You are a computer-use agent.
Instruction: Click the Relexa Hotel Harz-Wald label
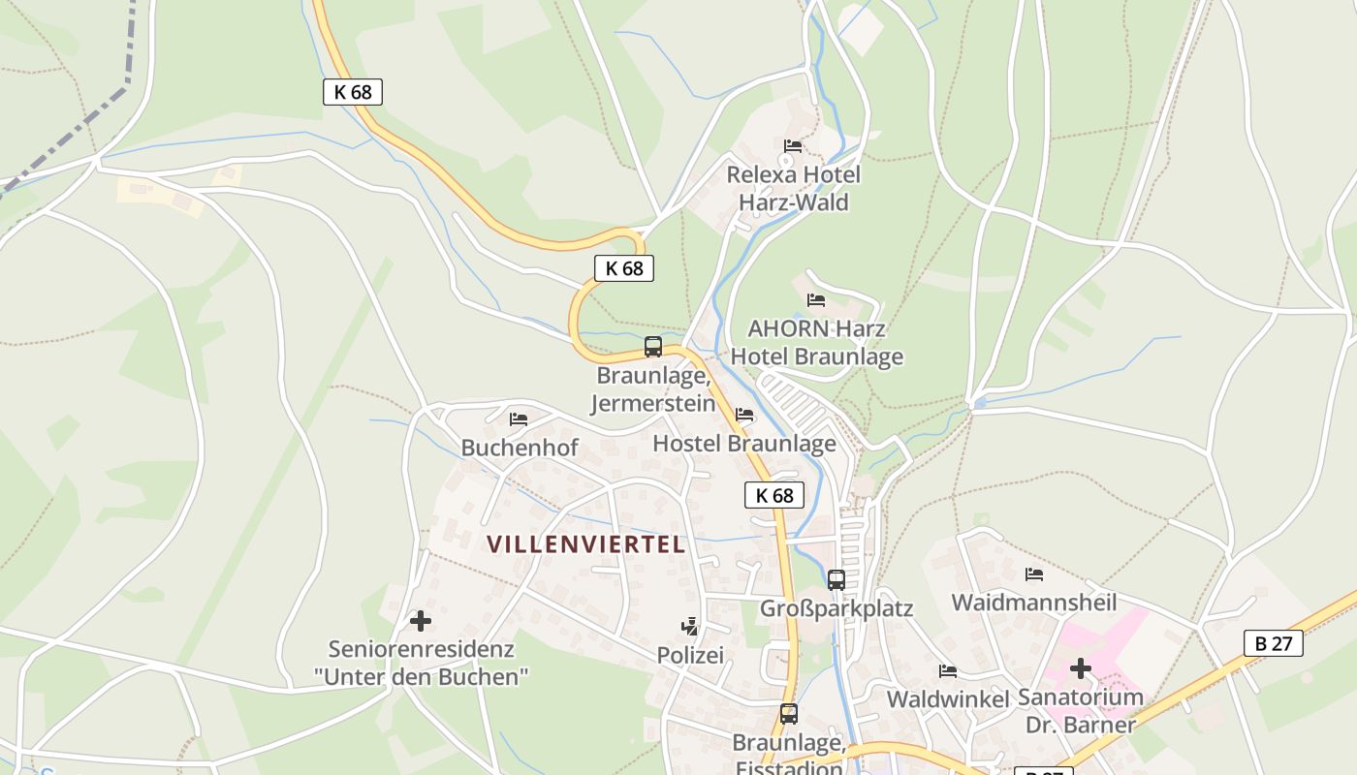coord(794,189)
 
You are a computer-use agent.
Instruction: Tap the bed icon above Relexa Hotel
coord(793,146)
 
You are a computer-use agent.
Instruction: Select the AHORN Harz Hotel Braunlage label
coord(816,343)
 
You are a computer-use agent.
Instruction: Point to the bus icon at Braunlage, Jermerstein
coord(653,347)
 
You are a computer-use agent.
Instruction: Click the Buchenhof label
coord(520,448)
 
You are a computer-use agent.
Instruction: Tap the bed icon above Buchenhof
coord(519,418)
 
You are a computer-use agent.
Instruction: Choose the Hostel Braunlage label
coord(744,444)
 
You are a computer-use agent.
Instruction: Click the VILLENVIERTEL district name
coord(586,544)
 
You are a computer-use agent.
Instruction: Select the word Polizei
coord(690,656)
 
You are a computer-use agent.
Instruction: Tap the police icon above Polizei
coord(690,627)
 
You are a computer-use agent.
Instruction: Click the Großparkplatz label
coord(836,609)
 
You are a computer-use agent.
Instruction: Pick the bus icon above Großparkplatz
coord(836,580)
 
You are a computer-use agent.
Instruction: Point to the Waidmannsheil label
coord(1034,603)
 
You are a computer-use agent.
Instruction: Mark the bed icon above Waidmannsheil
coord(1034,573)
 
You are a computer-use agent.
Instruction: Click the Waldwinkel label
coord(948,699)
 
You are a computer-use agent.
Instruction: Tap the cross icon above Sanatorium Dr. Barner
coord(1081,668)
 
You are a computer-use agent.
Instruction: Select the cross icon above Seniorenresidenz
coord(421,620)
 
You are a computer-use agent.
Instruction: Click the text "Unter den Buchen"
coord(421,676)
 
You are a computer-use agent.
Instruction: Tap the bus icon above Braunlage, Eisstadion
coord(789,714)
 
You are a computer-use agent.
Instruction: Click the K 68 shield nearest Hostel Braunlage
coord(774,495)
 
